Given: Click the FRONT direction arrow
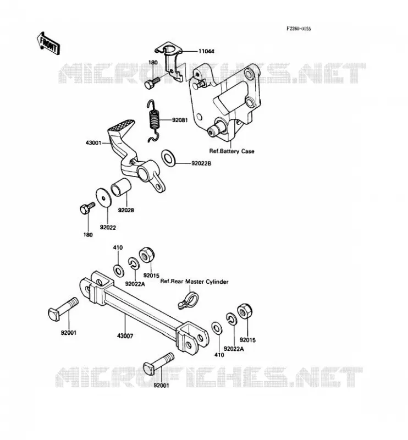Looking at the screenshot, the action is pos(48,43).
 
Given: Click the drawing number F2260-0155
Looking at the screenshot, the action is pos(299,29).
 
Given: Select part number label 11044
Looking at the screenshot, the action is pos(206,51).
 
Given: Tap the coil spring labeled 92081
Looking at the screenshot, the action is pos(154,120).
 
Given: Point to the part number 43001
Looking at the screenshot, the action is pos(93,143).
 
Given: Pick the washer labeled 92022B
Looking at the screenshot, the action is pos(168,157).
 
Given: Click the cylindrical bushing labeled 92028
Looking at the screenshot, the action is pos(121,186).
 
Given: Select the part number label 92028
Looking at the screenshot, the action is pos(126,210).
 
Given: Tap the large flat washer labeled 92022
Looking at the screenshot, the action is pos(103,197).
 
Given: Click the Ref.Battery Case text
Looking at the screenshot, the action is pos(232,151).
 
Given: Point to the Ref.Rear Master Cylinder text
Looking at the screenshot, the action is pos(194,282).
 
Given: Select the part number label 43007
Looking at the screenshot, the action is pos(125,335).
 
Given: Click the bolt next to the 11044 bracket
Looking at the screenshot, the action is pos(152,83).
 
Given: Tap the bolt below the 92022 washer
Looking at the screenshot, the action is pos(87,208).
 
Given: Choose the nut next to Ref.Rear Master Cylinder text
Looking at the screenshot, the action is pos(146,255).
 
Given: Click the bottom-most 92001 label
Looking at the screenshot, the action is pos(161,386).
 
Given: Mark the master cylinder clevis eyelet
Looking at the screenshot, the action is pos(188,300).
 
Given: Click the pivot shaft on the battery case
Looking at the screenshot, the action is pos(218,128).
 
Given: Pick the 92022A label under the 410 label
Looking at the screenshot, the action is pos(135,284).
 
